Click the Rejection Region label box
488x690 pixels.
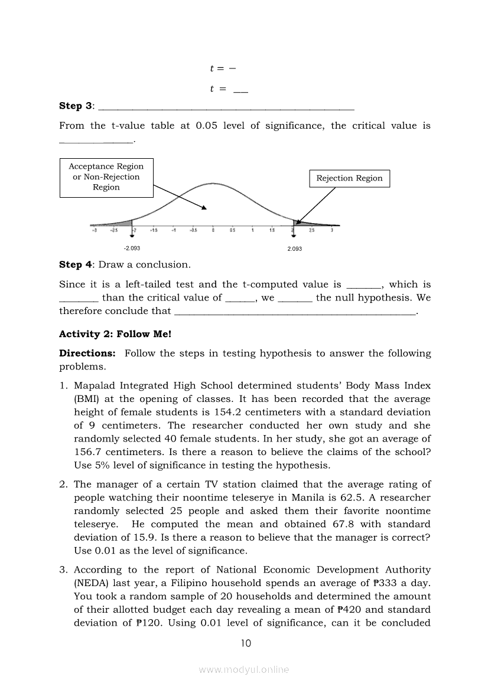[349, 178]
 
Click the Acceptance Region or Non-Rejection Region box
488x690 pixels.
[106, 177]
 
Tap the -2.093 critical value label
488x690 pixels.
[132, 248]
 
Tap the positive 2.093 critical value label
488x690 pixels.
[294, 248]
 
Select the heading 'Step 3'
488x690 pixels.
[76, 106]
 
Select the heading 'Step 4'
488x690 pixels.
[76, 265]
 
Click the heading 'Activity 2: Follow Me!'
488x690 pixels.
[115, 334]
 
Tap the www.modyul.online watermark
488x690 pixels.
[244, 669]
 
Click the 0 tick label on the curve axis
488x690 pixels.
[213, 230]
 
